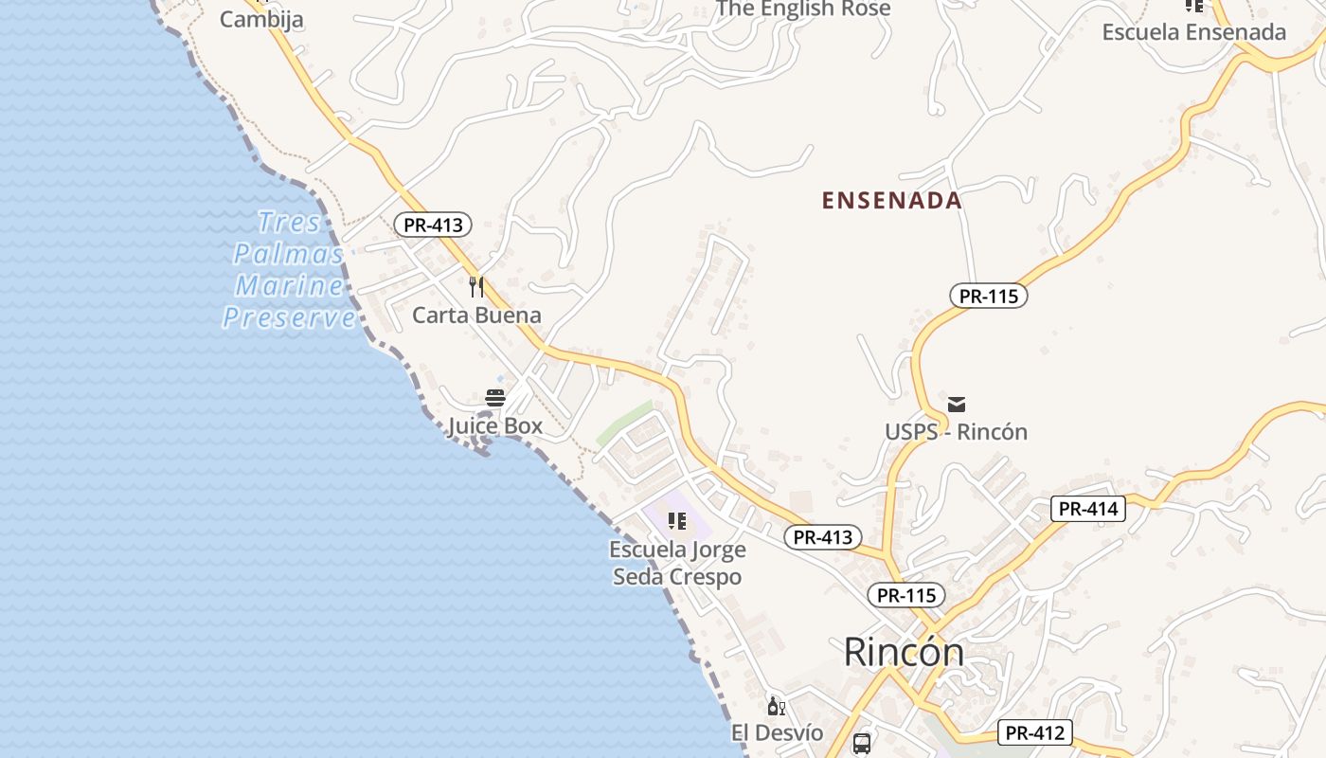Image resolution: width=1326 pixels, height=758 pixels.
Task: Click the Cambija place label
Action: pos(261,19)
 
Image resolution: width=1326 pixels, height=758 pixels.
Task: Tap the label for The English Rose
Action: pos(803,9)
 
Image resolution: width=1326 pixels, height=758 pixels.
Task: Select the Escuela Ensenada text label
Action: pos(1193,32)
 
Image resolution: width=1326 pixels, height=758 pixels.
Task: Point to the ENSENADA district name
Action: pos(891,201)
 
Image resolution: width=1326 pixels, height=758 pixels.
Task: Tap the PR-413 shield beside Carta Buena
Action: pos(433,226)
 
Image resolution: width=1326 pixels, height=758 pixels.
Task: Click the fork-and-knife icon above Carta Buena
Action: pos(477,286)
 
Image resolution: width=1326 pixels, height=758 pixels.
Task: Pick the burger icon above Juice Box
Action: pos(495,398)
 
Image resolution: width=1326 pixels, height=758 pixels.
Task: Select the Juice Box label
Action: pos(495,426)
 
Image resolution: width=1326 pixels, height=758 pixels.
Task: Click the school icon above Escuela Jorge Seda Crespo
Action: pos(676,521)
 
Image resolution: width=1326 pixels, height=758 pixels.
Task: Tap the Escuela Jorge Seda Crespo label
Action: pos(677,563)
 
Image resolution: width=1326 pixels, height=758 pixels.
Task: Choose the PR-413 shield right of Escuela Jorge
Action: pos(823,537)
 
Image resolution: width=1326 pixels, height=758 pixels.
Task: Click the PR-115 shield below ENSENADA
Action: pos(988,296)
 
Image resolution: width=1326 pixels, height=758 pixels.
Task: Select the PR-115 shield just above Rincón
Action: pos(906,595)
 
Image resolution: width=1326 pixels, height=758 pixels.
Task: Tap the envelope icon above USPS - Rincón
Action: pos(957,405)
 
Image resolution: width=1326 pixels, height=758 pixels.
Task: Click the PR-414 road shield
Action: pos(1088,509)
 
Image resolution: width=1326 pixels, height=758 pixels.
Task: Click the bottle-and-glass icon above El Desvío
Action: pos(777,707)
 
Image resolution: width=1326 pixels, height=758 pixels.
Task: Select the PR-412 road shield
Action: pos(1035,732)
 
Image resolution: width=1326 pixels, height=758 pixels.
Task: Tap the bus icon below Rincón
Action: pos(862,744)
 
